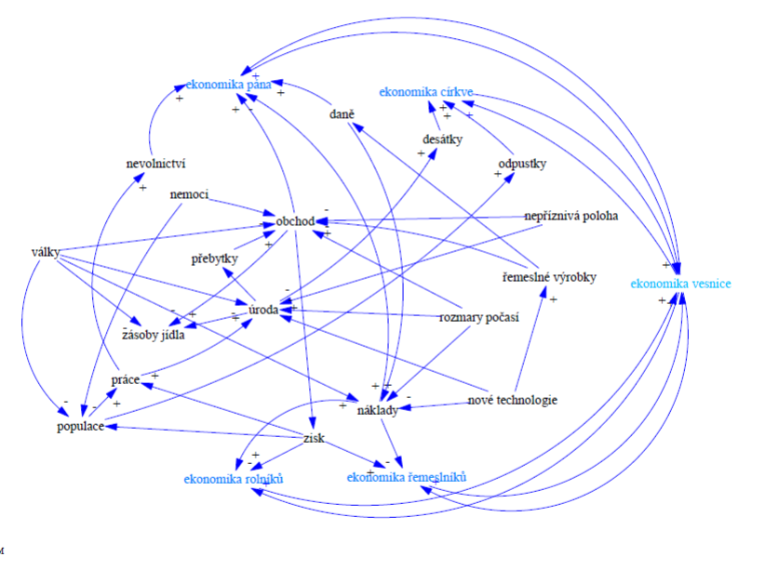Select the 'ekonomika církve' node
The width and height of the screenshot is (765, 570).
click(x=427, y=92)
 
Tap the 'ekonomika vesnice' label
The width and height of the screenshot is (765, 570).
click(x=679, y=282)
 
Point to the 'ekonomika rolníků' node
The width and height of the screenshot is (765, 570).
click(x=233, y=479)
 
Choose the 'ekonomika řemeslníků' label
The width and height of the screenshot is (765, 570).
click(x=406, y=478)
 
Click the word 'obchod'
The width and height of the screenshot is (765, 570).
click(x=295, y=221)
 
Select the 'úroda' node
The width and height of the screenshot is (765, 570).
click(x=262, y=308)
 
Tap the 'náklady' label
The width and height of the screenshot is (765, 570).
click(x=378, y=409)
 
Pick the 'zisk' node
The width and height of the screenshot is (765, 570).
click(x=314, y=438)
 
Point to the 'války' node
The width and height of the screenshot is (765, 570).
click(x=46, y=251)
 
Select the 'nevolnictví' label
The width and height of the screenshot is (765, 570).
click(x=156, y=165)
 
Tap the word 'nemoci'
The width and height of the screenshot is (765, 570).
click(x=189, y=195)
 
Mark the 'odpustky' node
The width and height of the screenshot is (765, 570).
click(x=522, y=165)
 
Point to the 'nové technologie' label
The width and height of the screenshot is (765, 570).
click(x=512, y=401)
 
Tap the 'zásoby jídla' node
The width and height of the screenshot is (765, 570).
click(x=154, y=335)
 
